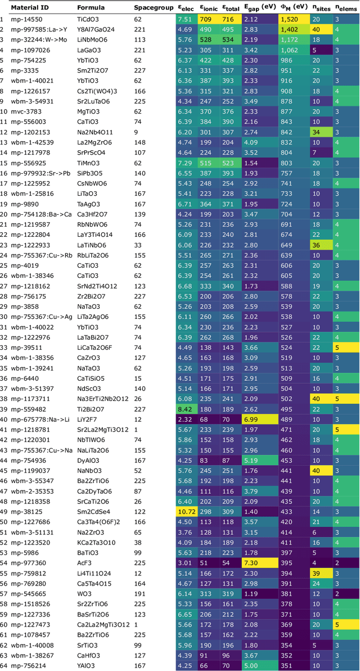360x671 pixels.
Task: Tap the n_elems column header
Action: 344,8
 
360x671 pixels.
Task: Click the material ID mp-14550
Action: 25,19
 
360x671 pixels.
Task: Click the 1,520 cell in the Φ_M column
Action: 292,19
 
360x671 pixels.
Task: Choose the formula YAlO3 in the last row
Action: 88,663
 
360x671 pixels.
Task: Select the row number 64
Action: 4,663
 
